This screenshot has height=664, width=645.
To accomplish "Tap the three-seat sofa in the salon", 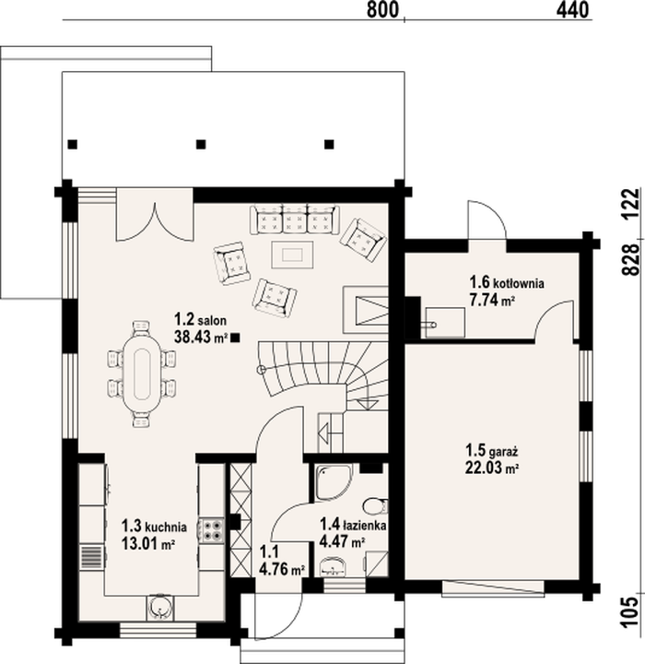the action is (x=295, y=219).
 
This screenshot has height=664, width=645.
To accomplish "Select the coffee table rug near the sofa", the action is (x=292, y=255).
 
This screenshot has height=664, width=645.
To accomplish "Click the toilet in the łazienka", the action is (x=375, y=504).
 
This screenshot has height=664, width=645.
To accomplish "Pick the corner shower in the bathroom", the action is (x=333, y=482).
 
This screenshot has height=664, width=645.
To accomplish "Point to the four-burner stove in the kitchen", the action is (x=211, y=530).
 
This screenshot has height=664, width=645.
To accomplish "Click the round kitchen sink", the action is (x=160, y=608).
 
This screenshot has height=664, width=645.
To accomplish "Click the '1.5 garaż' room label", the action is (x=492, y=451).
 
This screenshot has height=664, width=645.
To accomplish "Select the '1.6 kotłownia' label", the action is (x=507, y=281).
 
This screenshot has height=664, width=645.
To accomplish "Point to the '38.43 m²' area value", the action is (x=201, y=338).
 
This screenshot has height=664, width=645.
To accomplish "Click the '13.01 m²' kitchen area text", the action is (x=148, y=543).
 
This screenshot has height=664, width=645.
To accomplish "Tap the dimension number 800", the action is (x=382, y=10).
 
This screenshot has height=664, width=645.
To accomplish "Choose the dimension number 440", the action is (x=572, y=10).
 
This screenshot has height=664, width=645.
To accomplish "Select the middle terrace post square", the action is (x=201, y=145).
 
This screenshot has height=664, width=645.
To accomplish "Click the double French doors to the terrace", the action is (x=155, y=215).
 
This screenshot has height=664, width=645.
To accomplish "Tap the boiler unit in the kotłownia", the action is (x=445, y=322).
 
